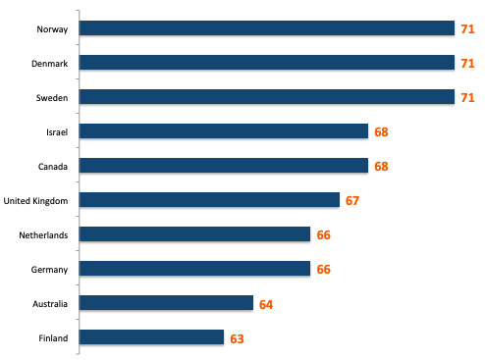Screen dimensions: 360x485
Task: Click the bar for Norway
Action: pyautogui.click(x=266, y=28)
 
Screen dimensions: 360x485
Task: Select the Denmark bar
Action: pyautogui.click(x=266, y=63)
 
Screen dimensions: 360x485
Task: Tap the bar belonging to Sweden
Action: pyautogui.click(x=266, y=97)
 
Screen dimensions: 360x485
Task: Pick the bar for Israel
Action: pyautogui.click(x=223, y=131)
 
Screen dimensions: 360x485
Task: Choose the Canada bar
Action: pyautogui.click(x=223, y=166)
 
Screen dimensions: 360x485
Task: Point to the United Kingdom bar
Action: pyautogui.click(x=209, y=200)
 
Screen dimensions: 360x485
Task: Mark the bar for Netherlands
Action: pyautogui.click(x=194, y=234)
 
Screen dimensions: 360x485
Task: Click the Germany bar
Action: pyautogui.click(x=194, y=269)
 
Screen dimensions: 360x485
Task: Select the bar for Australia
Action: pyautogui.click(x=166, y=303)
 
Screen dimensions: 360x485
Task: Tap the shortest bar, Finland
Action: pyautogui.click(x=151, y=337)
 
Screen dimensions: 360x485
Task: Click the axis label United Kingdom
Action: pyautogui.click(x=35, y=201)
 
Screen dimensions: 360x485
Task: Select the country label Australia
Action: pyautogui.click(x=49, y=304)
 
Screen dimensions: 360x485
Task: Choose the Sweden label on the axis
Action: pyautogui.click(x=51, y=98)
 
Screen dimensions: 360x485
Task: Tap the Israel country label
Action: pyautogui.click(x=55, y=132)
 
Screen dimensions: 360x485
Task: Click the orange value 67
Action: pyautogui.click(x=353, y=201)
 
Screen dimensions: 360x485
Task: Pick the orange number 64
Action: pyautogui.click(x=266, y=304)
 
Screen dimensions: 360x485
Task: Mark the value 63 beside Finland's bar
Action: pyautogui.click(x=237, y=338)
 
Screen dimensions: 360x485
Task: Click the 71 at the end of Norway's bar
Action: pyautogui.click(x=468, y=29)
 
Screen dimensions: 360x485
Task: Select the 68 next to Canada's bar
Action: pyautogui.click(x=382, y=167)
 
